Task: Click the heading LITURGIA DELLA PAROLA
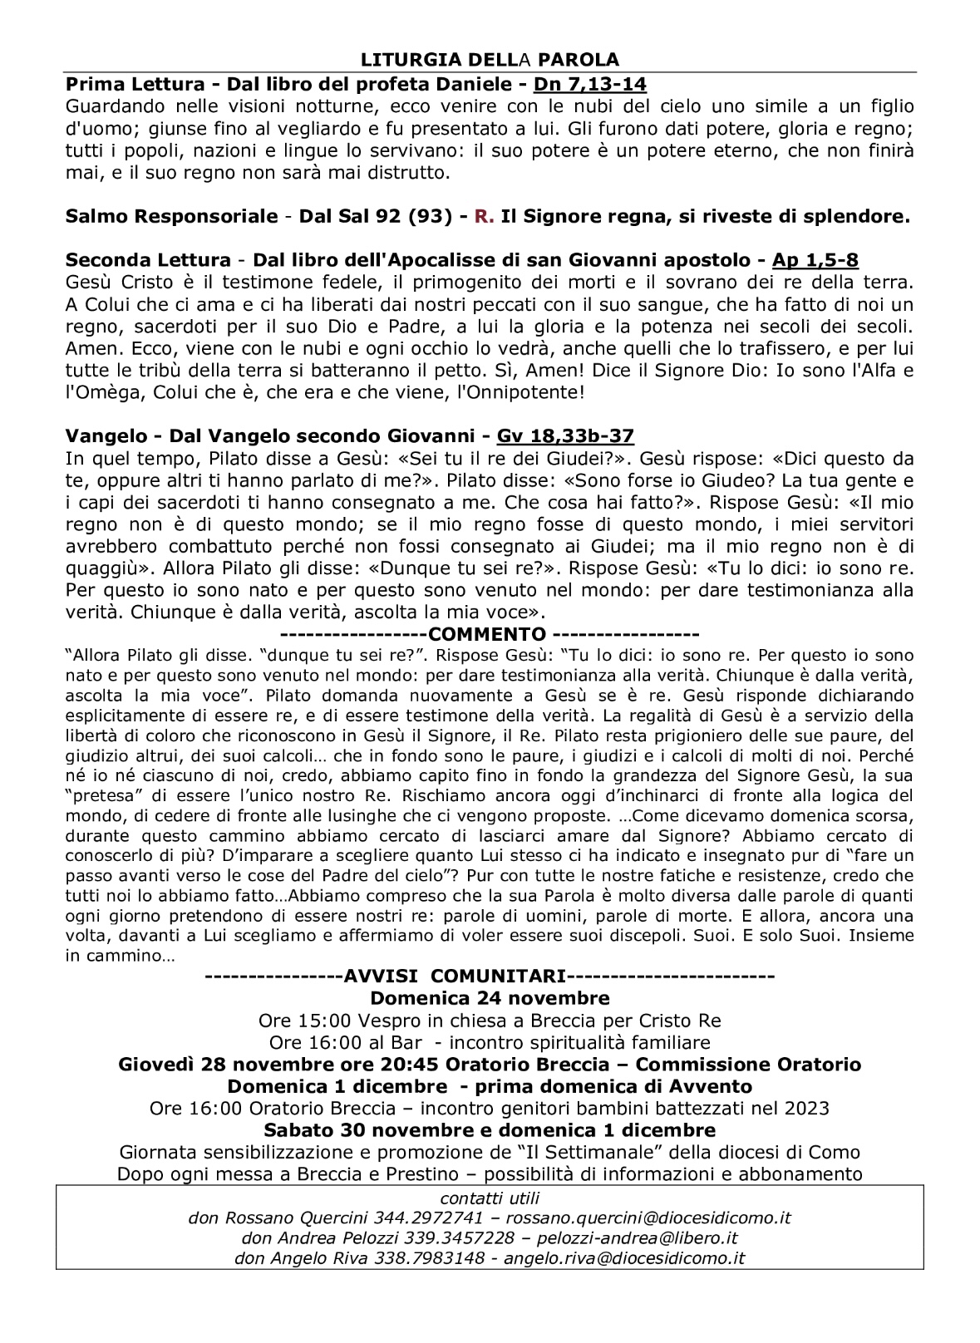click(x=490, y=60)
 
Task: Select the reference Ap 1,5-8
click(x=815, y=260)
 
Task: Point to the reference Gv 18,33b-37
click(x=565, y=436)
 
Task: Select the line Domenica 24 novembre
click(x=490, y=998)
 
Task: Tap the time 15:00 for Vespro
click(x=318, y=1021)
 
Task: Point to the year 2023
click(x=807, y=1109)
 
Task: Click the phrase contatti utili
click(x=490, y=1198)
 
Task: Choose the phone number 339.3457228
click(x=446, y=1238)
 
